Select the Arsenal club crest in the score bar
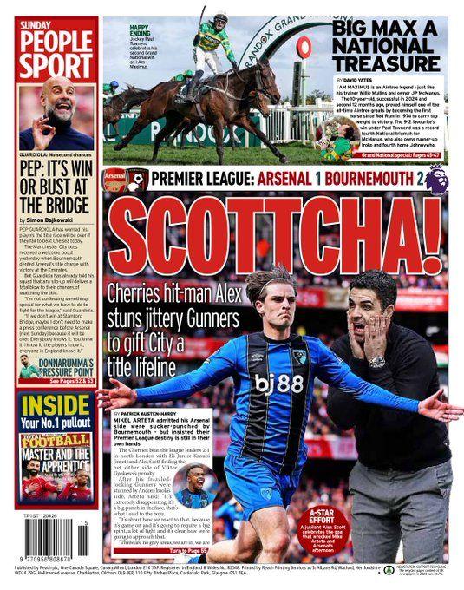coord(114,180)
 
